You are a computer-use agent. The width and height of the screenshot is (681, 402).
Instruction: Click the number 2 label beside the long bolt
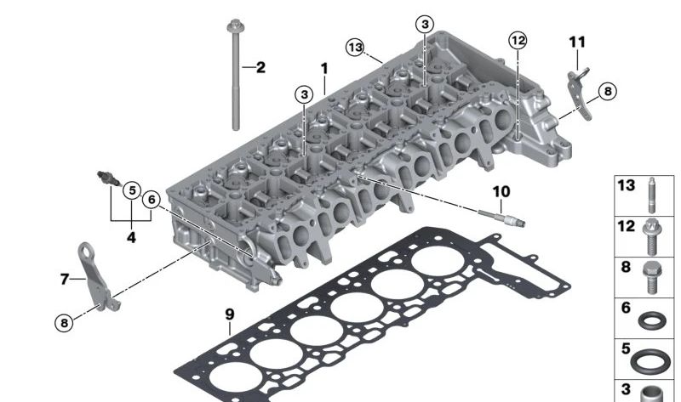pyautogui.click(x=260, y=66)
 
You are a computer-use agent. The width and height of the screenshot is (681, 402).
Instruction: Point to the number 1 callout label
pyautogui.click(x=323, y=67)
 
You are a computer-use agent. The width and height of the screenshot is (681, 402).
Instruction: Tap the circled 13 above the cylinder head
pyautogui.click(x=356, y=47)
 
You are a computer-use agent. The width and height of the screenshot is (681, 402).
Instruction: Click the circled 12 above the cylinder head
pyautogui.click(x=518, y=40)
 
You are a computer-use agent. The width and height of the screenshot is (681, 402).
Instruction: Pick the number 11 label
pyautogui.click(x=578, y=42)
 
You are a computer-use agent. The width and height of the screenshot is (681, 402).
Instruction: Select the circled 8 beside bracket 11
pyautogui.click(x=605, y=91)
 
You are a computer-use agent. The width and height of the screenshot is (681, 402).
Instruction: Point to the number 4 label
pyautogui.click(x=131, y=238)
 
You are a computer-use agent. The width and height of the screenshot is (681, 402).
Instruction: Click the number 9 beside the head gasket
pyautogui.click(x=229, y=314)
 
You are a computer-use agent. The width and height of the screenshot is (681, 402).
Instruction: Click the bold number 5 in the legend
pyautogui.click(x=626, y=348)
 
